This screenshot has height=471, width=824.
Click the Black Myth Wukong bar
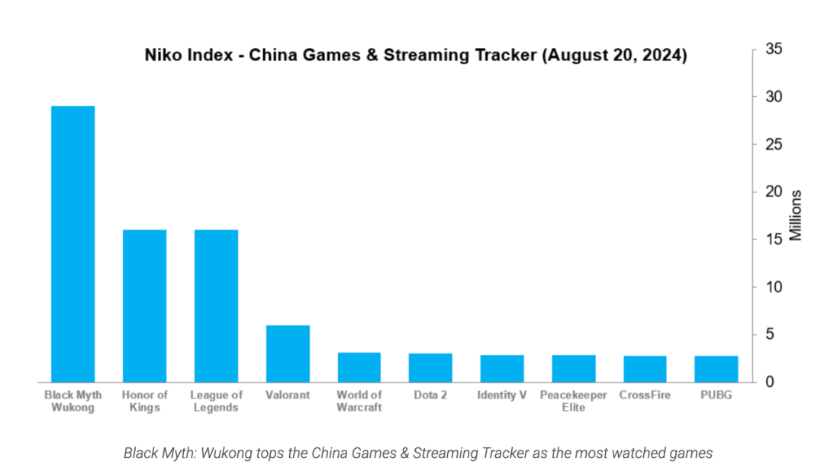pyautogui.click(x=73, y=244)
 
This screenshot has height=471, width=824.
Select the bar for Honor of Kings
pyautogui.click(x=144, y=305)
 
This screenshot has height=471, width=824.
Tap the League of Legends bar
pyautogui.click(x=216, y=305)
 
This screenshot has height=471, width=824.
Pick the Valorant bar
pyautogui.click(x=288, y=353)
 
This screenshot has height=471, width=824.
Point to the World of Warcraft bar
pyautogui.click(x=359, y=367)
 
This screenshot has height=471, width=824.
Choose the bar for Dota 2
pyautogui.click(x=430, y=367)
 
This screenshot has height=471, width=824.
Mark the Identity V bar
pyautogui.click(x=502, y=368)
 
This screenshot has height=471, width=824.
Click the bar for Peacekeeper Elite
pyautogui.click(x=574, y=368)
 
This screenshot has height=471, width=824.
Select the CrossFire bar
pyautogui.click(x=645, y=369)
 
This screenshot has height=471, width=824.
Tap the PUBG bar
pyautogui.click(x=716, y=369)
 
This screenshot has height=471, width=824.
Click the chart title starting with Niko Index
pyautogui.click(x=416, y=56)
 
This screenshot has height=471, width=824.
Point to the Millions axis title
pyautogui.click(x=796, y=215)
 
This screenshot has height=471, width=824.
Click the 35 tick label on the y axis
pyautogui.click(x=772, y=50)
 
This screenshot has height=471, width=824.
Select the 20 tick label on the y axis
pyautogui.click(x=772, y=192)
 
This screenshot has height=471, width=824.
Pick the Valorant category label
pyautogui.click(x=288, y=395)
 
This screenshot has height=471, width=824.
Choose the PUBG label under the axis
pyautogui.click(x=716, y=395)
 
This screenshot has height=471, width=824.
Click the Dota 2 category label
pyautogui.click(x=430, y=395)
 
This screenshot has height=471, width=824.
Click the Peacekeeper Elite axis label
pyautogui.click(x=574, y=401)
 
